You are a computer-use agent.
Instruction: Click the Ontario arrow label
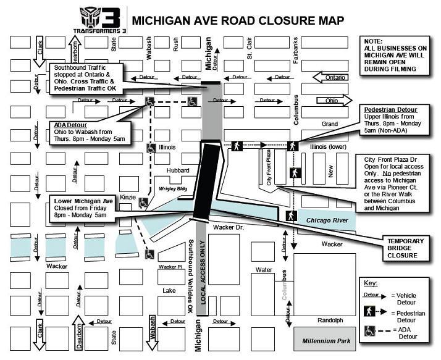[x=335, y=77]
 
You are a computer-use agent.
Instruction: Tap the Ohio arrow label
[x=332, y=101]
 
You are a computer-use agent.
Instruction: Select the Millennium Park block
[x=325, y=341]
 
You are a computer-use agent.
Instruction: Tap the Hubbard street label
[x=176, y=170]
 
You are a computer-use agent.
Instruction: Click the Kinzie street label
[x=128, y=196]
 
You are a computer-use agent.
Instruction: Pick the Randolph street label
[x=330, y=320]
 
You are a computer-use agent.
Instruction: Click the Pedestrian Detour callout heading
[x=390, y=109]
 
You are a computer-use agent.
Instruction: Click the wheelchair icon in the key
[x=371, y=331]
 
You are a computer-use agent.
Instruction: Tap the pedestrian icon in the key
[x=371, y=314]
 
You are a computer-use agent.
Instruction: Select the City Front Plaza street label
[x=269, y=167]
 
